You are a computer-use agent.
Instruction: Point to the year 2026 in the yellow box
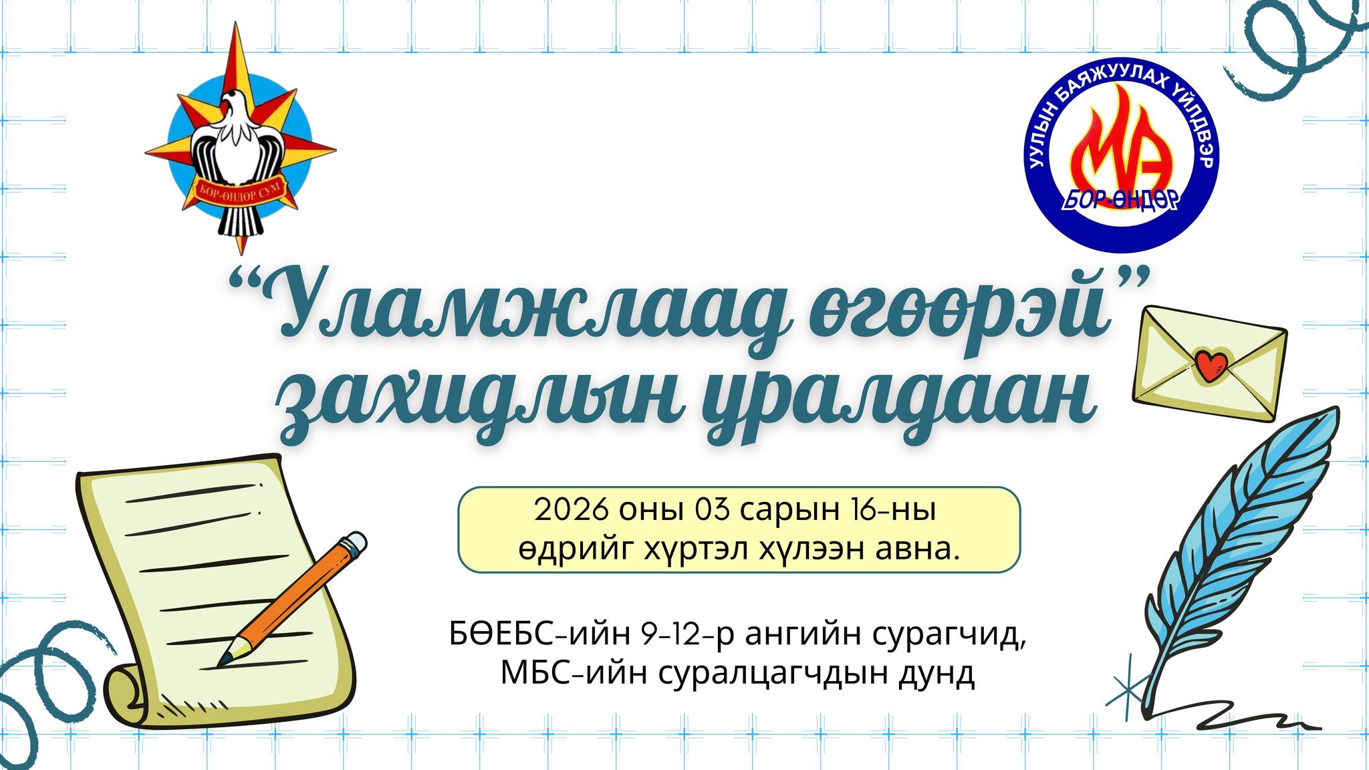pos(572,510)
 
